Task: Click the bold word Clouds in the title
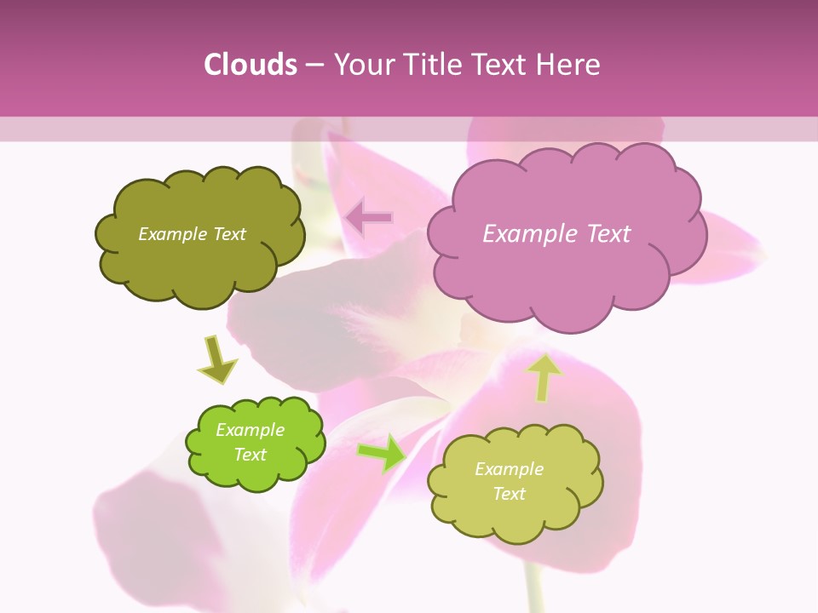251,65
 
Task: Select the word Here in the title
571,65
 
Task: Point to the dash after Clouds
314,65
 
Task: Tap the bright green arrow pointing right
382,452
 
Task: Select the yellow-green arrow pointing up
544,377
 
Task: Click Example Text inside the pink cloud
556,234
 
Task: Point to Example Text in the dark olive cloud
192,234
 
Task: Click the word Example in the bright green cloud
250,430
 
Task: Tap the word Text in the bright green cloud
251,455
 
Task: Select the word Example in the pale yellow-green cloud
509,469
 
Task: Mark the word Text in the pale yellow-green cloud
509,494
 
